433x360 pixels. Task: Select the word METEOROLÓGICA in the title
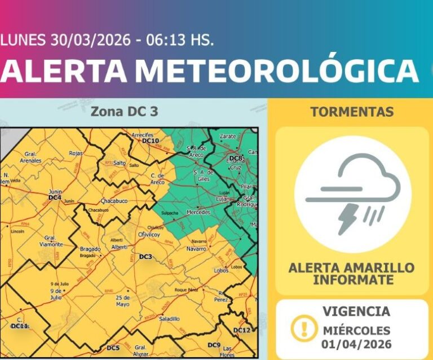[x=277, y=71]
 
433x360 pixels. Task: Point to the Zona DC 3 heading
[x=124, y=112]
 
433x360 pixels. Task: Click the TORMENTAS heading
[x=351, y=112]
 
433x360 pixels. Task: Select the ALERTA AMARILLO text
[x=351, y=267]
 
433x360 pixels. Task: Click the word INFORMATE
[x=351, y=280]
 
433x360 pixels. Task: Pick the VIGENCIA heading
[x=356, y=311]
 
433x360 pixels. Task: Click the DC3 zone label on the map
[x=145, y=257]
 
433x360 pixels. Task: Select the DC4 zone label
[x=55, y=197]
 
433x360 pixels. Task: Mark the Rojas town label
[x=75, y=153]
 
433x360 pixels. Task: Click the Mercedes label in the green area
[x=198, y=212]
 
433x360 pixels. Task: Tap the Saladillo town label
[x=169, y=319]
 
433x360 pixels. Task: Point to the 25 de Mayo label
[x=123, y=301]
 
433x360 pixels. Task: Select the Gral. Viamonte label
[x=52, y=241]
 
